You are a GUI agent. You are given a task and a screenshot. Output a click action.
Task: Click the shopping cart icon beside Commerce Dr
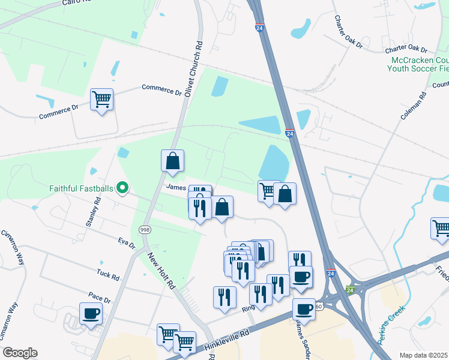101,100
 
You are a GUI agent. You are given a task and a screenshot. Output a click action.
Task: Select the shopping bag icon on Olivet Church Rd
172,161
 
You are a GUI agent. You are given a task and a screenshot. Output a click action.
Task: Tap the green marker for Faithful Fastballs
122,188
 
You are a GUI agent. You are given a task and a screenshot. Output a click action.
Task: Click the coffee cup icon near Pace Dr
91,313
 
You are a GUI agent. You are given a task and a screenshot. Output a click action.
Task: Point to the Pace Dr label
99,298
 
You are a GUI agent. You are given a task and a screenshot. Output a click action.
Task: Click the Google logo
20,353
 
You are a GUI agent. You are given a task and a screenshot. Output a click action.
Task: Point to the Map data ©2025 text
424,355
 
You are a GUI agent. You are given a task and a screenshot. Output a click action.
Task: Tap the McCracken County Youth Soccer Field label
420,65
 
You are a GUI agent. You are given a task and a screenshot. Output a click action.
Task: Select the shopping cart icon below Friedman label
441,229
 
